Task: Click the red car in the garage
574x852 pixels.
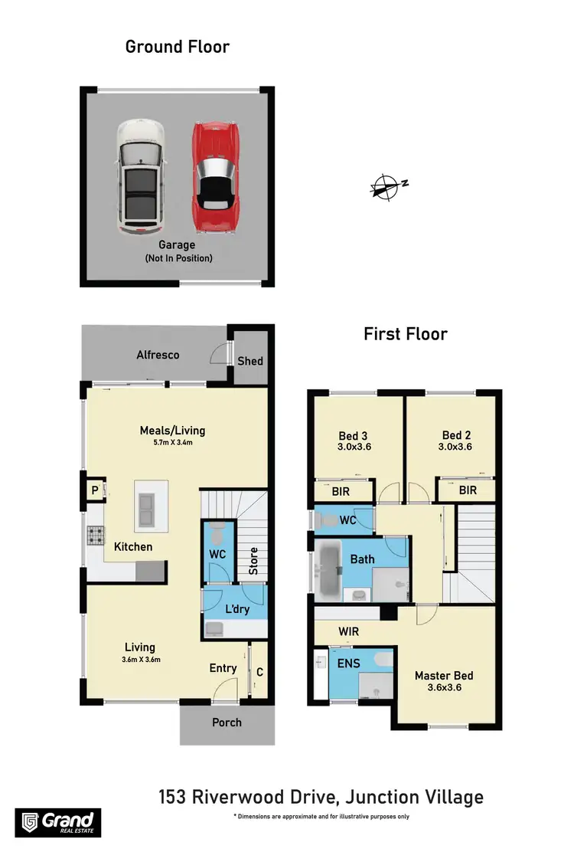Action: pyautogui.click(x=217, y=177)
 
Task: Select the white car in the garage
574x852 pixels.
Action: pyautogui.click(x=140, y=177)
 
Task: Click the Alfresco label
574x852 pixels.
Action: pyautogui.click(x=158, y=355)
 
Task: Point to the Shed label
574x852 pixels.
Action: pyautogui.click(x=250, y=360)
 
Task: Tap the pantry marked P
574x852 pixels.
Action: pyautogui.click(x=94, y=489)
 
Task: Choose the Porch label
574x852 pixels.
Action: pyautogui.click(x=227, y=722)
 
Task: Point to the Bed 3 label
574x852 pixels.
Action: pyautogui.click(x=353, y=435)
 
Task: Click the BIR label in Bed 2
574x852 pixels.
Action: pyautogui.click(x=467, y=489)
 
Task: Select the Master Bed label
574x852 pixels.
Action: pyautogui.click(x=444, y=676)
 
